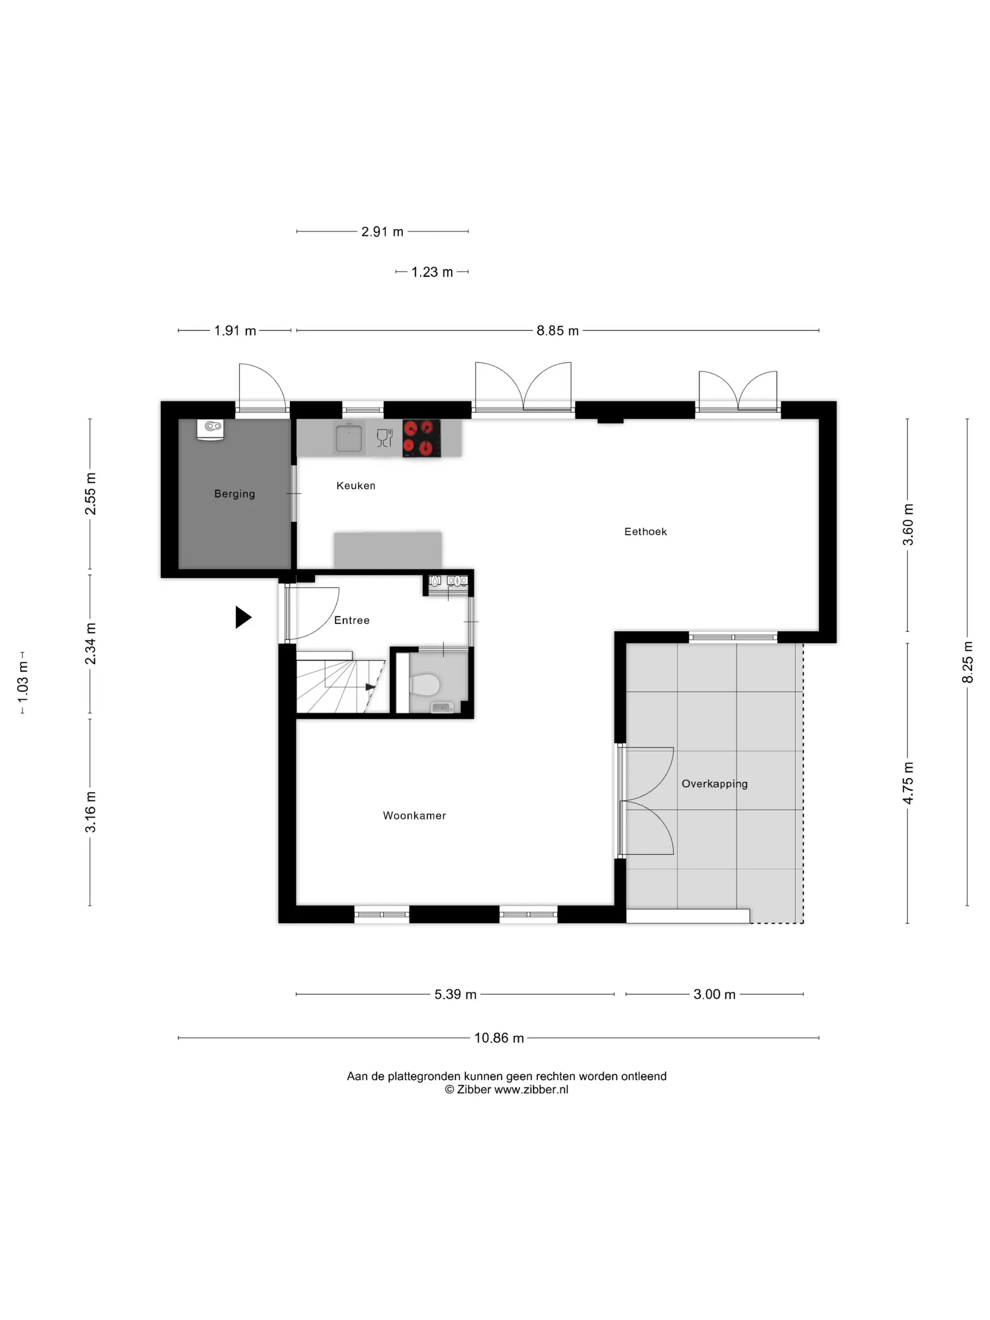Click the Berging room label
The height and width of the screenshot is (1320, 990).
pos(234,494)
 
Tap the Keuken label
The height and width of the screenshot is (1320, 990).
pos(355,486)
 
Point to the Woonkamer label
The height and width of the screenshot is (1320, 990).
pos(414,816)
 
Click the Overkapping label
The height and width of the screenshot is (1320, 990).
pos(714,784)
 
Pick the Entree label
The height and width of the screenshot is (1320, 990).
pos(352,620)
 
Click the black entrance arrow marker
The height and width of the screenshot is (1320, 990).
pos(243,617)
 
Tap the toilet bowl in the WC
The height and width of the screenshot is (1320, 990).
pos(424,685)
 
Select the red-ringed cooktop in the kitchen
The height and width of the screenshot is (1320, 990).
pos(421,438)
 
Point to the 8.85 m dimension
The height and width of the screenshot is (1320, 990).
pos(557,330)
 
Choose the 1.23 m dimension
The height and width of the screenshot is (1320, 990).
pos(432,272)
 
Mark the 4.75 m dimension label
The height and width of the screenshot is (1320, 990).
pos(907,783)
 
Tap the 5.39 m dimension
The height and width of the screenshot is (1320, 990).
pos(455,994)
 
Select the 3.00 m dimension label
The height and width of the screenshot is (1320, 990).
pos(714,994)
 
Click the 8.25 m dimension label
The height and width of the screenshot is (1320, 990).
pos(967,662)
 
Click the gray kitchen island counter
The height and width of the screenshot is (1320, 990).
pos(388,550)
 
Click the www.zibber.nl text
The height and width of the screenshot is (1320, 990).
pos(531,1089)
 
